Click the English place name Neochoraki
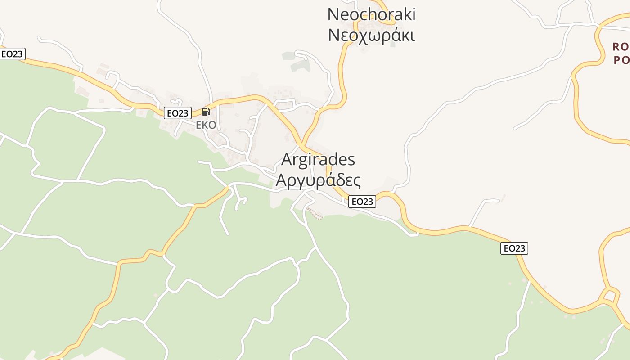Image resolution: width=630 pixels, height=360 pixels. [371, 14]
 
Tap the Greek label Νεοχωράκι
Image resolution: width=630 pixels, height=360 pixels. [371, 35]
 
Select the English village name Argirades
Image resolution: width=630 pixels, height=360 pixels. [318, 159]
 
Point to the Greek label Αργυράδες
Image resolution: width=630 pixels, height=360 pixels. [318, 180]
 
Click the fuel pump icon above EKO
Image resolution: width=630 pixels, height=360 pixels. [206, 112]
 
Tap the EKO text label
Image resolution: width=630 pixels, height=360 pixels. [206, 125]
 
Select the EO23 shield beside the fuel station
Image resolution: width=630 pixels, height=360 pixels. [177, 113]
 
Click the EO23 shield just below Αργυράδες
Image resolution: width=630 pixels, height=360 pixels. [362, 202]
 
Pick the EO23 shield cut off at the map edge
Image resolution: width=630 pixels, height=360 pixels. [12, 54]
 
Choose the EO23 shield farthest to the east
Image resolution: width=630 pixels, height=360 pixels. [514, 248]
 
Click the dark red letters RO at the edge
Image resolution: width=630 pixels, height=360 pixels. [621, 46]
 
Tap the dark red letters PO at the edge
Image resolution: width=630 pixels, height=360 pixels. [621, 60]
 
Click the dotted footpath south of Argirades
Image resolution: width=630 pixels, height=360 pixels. [315, 214]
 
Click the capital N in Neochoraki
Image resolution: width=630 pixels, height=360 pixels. [333, 14]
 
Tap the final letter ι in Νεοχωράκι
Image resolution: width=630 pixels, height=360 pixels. [412, 35]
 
